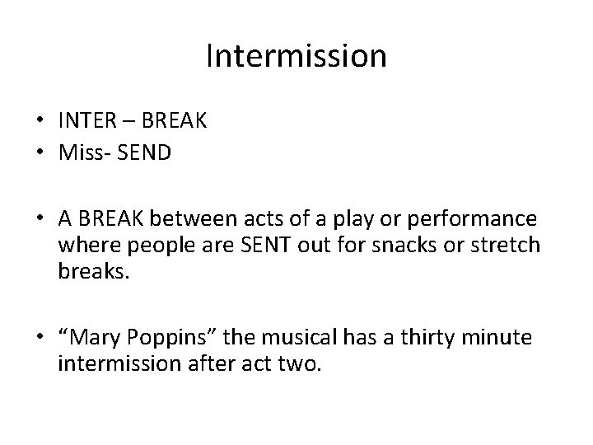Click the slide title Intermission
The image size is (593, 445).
tap(296, 56)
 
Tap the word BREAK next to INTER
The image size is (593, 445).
tap(174, 121)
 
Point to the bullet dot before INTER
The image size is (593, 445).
tap(38, 122)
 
